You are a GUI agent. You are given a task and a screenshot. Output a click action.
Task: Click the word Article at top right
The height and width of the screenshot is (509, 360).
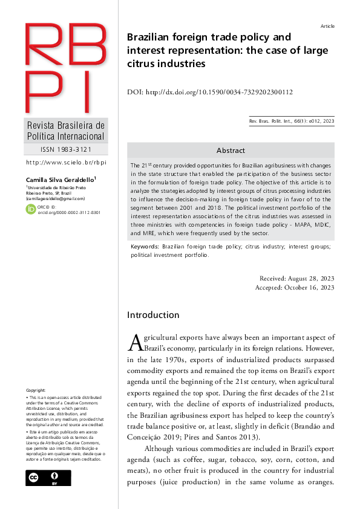[327, 26]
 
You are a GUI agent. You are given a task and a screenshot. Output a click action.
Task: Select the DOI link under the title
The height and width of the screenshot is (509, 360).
[210, 92]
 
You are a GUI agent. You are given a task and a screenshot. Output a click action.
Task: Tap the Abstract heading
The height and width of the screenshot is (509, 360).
[231, 151]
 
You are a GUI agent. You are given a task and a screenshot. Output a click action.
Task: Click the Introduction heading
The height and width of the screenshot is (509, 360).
[153, 315]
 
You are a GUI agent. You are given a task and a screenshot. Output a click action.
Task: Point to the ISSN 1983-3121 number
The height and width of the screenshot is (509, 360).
[66, 149]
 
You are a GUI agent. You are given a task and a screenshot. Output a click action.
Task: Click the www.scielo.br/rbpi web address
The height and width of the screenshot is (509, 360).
[66, 163]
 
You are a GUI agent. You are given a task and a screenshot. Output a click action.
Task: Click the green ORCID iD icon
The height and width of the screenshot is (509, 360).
[30, 209]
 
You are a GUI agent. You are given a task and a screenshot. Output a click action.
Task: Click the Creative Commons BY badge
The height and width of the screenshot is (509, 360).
[48, 478]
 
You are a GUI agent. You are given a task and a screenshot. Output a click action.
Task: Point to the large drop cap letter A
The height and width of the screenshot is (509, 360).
[136, 343]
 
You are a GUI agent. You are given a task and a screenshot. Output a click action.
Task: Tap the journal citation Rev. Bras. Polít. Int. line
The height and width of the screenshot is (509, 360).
[291, 122]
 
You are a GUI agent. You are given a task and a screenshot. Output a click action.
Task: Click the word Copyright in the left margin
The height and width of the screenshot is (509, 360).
[36, 391]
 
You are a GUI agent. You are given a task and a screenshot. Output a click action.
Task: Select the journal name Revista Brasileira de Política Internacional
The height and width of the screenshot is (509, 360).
[66, 131]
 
